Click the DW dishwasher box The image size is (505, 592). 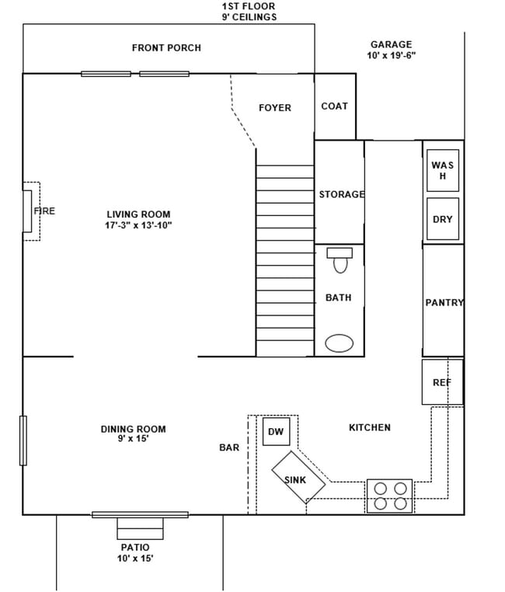[276, 431]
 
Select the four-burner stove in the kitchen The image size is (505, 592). [390, 496]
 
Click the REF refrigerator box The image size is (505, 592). [442, 382]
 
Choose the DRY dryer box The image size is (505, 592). [443, 220]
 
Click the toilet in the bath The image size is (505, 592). [340, 260]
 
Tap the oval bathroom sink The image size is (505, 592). [340, 343]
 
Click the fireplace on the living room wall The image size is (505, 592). [31, 211]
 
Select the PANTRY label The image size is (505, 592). [444, 303]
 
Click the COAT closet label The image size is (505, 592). [334, 106]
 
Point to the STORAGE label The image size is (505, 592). [341, 194]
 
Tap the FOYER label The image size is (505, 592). [275, 108]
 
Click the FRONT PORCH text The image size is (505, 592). [166, 48]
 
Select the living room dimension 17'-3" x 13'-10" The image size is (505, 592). [138, 226]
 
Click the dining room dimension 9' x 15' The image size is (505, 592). [133, 439]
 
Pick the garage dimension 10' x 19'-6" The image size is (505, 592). [391, 56]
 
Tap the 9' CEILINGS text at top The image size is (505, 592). [249, 17]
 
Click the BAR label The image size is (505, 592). [229, 447]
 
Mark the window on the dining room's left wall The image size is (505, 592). [23, 441]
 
